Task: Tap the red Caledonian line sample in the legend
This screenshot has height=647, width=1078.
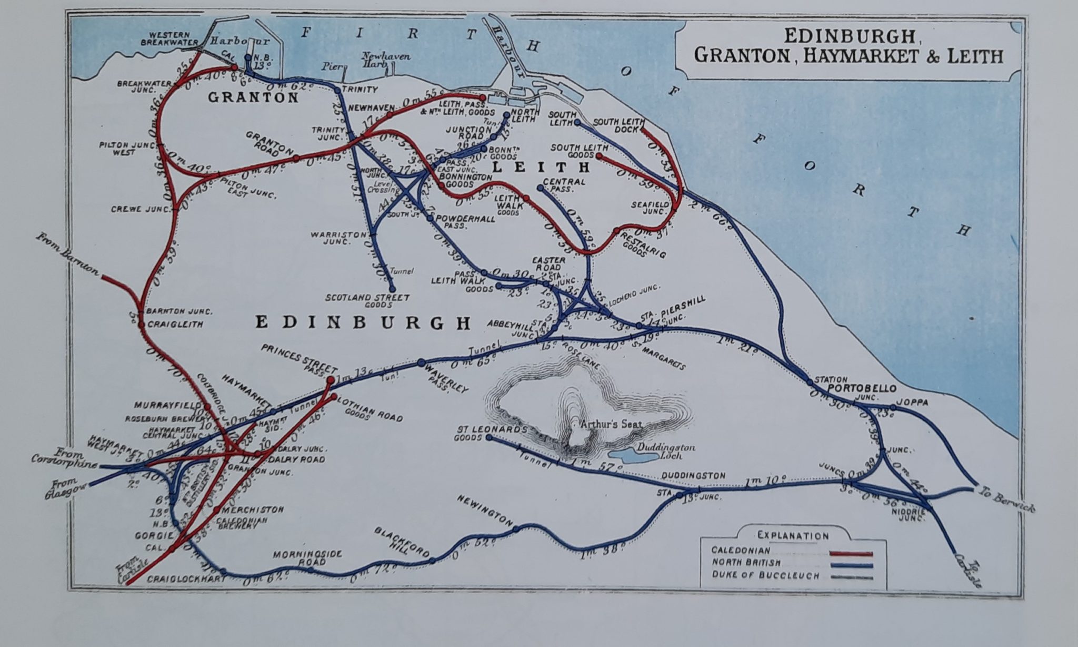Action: (851, 554)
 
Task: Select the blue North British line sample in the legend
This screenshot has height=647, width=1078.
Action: (851, 566)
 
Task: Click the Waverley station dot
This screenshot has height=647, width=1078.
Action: (421, 362)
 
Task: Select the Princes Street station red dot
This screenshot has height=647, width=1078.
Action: (331, 380)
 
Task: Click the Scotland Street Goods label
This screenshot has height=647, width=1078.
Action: (367, 301)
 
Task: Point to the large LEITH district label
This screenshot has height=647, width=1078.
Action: (541, 168)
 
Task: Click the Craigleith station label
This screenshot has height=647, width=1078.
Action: (175, 325)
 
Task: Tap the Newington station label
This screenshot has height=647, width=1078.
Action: (485, 509)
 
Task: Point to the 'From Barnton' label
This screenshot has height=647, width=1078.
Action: (67, 254)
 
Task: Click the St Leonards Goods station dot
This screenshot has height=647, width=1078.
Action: (490, 437)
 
